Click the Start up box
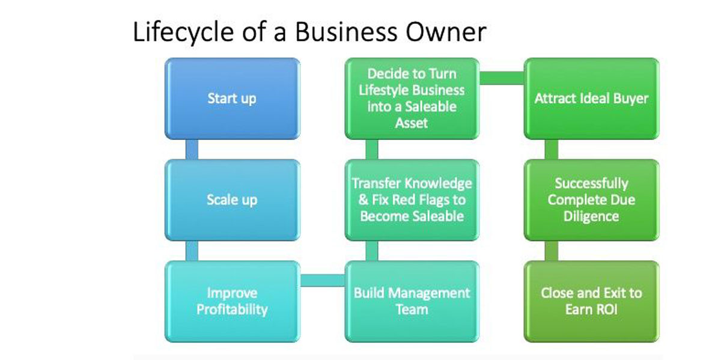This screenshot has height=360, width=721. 233,99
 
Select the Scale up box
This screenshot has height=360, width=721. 233,200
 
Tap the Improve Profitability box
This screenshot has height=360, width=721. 233,301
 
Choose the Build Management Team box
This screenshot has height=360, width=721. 412,301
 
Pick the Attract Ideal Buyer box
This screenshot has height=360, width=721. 592,99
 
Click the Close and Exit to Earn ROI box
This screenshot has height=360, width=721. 592,301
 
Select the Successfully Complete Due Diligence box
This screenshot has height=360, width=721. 592,200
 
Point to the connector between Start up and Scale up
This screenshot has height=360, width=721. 192,150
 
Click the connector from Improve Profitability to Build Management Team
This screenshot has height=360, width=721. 323,281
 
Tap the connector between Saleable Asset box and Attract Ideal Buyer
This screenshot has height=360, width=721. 502,78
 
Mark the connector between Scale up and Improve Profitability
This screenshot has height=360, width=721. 192,251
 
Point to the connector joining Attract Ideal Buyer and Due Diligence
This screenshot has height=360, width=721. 552,150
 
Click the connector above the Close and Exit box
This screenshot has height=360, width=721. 552,251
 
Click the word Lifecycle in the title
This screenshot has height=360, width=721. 183,32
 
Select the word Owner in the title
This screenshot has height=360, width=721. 446,32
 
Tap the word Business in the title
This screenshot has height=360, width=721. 346,32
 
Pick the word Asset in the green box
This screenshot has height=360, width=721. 412,123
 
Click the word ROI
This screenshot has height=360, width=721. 607,310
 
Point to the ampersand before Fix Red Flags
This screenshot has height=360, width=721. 364,200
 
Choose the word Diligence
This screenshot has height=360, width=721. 591,217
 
